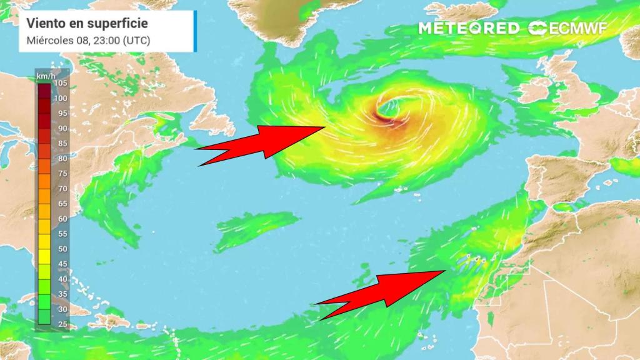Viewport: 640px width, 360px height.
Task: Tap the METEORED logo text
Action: (468, 28)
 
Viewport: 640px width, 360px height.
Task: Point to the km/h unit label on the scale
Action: (43, 76)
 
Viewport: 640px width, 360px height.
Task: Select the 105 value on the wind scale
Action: (61, 83)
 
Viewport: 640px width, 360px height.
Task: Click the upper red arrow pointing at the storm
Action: (262, 143)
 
